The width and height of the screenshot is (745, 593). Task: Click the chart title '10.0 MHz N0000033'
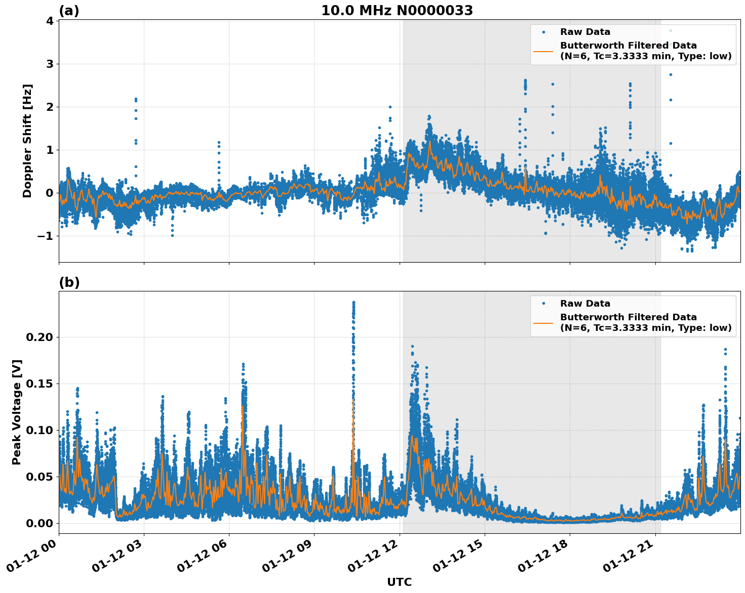[x=397, y=11]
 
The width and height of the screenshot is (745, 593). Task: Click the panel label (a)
[x=69, y=11]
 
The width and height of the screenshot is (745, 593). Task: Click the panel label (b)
[x=69, y=282]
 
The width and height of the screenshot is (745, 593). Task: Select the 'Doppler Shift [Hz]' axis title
[x=27, y=141]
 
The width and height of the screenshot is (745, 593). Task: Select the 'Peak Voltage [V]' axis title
[x=17, y=412]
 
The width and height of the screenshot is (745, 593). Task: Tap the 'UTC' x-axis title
[x=399, y=582]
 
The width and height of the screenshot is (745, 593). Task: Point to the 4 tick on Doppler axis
[x=50, y=21]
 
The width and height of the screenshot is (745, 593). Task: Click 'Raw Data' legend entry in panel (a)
[x=585, y=32]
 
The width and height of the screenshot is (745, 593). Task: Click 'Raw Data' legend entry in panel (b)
[x=585, y=304]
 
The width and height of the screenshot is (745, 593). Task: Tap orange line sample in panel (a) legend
[x=543, y=51]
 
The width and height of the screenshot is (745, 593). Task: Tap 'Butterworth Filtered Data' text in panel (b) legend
[x=628, y=317]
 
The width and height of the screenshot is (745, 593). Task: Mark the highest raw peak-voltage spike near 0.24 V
[x=354, y=303]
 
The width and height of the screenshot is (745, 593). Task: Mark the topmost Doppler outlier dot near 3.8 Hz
[x=671, y=30]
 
